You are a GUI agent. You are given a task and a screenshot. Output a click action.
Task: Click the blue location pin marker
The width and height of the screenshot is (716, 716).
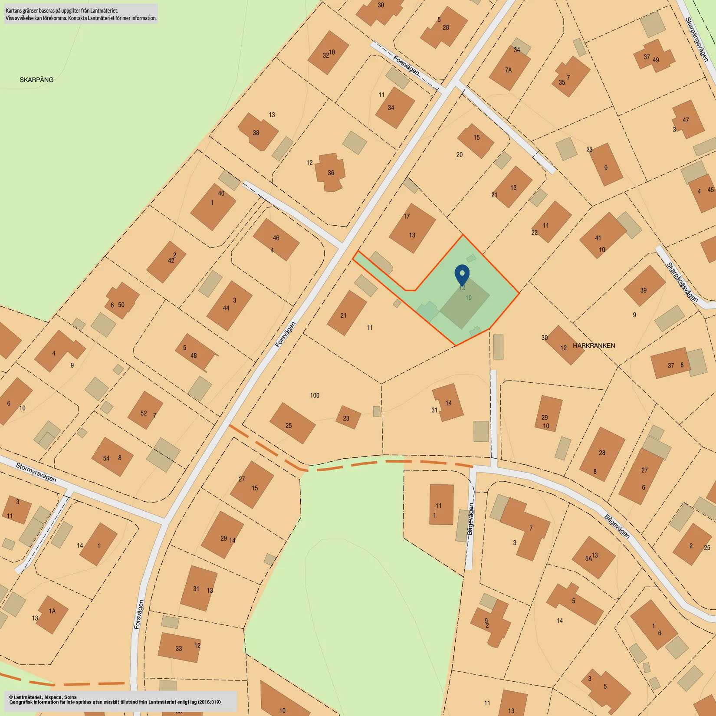pyautogui.click(x=462, y=274)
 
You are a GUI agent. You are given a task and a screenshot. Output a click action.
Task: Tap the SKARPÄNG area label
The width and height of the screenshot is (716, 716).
pyautogui.click(x=36, y=80)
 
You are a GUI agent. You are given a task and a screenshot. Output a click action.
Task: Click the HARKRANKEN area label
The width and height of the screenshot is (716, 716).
pyautogui.click(x=594, y=346)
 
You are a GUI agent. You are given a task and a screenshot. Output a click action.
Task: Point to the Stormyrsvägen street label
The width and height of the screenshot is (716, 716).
pyautogui.click(x=36, y=473)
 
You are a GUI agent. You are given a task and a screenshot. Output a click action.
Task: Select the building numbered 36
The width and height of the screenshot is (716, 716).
pyautogui.click(x=331, y=172)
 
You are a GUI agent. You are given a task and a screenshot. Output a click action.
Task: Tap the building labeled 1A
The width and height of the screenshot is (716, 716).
pyautogui.click(x=52, y=614)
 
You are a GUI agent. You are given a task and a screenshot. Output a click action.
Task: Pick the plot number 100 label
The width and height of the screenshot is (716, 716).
pyautogui.click(x=315, y=395)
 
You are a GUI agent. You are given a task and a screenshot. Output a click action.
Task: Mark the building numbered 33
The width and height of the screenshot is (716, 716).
pyautogui.click(x=179, y=647)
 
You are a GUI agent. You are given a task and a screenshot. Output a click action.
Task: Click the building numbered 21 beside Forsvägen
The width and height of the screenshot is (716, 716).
pyautogui.click(x=346, y=313)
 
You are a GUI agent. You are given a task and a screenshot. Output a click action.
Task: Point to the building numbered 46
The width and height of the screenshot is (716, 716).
pyautogui.click(x=276, y=239)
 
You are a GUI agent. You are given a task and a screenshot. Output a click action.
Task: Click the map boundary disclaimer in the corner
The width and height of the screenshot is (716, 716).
pyautogui.click(x=81, y=14)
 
